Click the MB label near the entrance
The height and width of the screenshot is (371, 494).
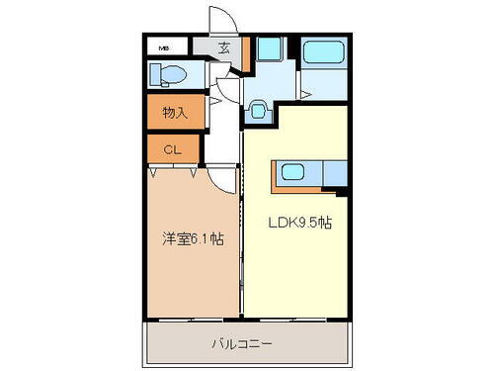pos(161,46)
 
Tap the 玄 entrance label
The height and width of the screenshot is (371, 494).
pos(224,46)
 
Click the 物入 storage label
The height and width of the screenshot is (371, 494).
pos(175,112)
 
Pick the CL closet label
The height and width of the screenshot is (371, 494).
pos(170,149)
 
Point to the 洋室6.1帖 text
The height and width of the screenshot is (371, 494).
pos(193,239)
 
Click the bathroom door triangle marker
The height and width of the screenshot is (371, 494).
pos(307,95)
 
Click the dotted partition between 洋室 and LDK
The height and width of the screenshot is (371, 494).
pos(241,237)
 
